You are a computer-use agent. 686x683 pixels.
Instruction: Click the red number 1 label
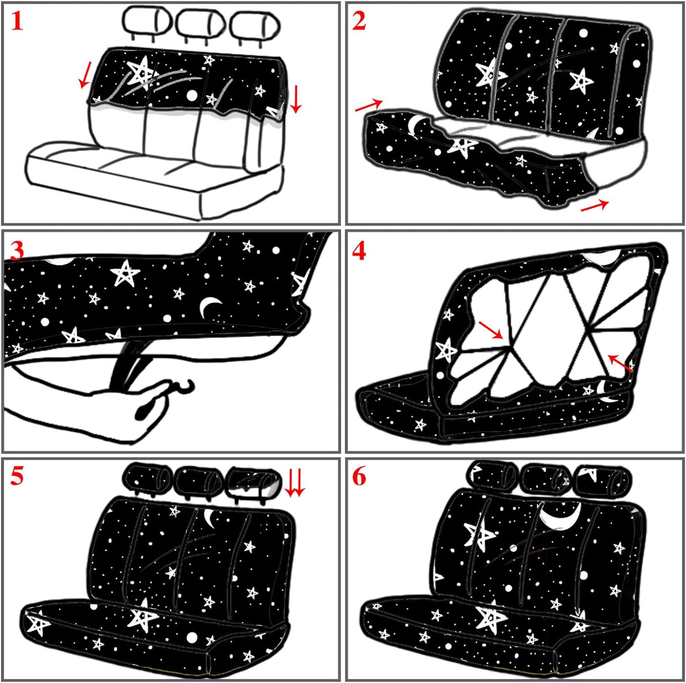click(x=17, y=21)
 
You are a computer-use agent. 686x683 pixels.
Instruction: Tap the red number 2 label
click(x=359, y=21)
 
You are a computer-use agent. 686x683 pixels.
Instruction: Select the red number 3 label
click(x=17, y=251)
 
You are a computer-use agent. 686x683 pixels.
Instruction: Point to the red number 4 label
click(x=359, y=251)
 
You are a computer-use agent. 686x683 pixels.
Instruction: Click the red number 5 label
click(x=17, y=476)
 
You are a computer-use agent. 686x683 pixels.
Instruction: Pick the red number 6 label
click(x=359, y=476)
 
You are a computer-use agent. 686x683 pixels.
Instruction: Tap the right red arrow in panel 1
click(x=296, y=99)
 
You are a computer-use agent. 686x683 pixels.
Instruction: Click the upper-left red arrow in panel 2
click(x=369, y=105)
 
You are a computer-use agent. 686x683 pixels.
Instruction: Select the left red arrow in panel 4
click(x=491, y=330)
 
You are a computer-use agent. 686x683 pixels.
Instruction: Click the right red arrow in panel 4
click(x=620, y=363)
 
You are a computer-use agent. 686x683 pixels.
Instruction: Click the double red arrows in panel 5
click(x=295, y=484)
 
